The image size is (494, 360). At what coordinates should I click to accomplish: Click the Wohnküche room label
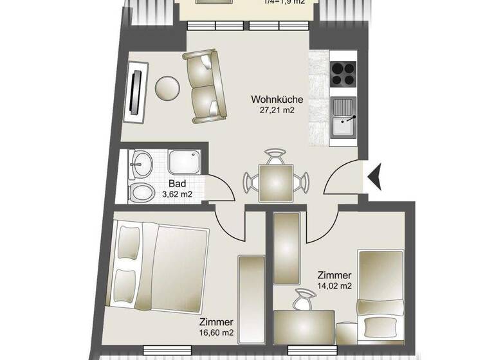(x=277, y=100)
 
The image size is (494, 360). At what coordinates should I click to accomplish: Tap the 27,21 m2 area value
(x=277, y=111)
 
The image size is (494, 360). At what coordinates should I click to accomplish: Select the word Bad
(x=177, y=183)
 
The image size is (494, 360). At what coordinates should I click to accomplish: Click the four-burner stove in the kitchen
(x=343, y=74)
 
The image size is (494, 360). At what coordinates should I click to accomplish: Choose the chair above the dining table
(x=276, y=156)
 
